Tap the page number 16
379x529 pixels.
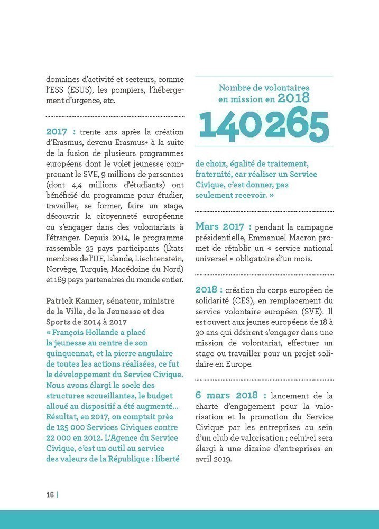point(50,495)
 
